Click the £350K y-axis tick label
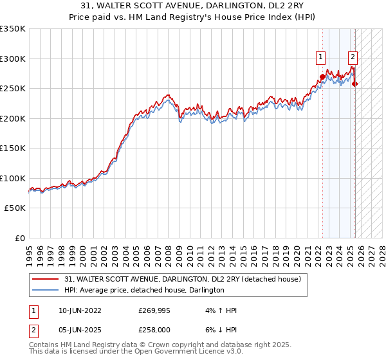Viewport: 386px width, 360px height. (x=13, y=29)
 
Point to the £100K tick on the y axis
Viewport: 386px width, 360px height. (x=13, y=178)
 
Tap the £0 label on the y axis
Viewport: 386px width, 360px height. (x=19, y=238)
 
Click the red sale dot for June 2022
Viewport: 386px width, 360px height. (x=322, y=76)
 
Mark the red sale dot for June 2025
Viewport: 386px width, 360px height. (x=355, y=84)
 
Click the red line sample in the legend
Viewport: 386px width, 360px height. (x=46, y=279)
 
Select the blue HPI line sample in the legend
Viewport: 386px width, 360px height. (x=46, y=291)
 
